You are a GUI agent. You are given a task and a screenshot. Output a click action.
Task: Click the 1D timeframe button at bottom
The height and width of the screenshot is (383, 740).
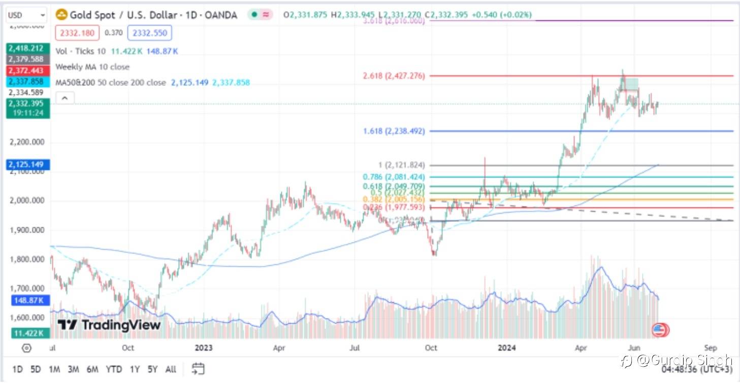coord(17,369)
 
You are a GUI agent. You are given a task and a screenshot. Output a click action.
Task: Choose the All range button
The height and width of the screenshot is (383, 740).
coord(171,369)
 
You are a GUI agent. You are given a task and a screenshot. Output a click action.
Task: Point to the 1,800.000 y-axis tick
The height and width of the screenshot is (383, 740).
coord(27,259)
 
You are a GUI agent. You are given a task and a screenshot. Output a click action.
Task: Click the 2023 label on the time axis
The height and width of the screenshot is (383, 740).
coord(203,348)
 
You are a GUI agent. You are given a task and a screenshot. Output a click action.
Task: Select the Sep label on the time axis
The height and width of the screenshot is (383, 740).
coord(710,348)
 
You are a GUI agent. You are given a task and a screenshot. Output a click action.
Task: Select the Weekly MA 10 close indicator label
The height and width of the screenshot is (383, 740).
coord(92,67)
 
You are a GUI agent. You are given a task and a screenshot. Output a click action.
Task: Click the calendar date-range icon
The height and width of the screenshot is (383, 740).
coord(198,369)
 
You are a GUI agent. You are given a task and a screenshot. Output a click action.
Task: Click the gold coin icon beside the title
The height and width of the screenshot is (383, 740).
coord(61,15)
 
